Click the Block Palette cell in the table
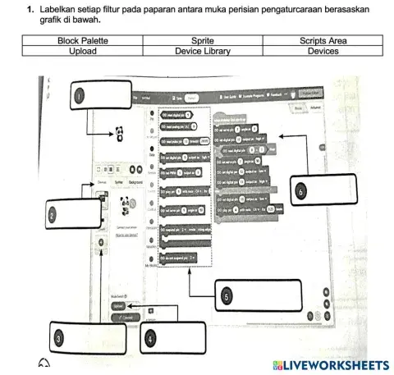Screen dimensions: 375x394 (x=83, y=40)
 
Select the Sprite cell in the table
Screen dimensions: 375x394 (x=202, y=40)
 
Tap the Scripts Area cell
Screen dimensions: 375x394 (x=323, y=40)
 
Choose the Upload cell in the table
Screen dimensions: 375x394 (x=83, y=51)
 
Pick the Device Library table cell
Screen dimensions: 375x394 (x=202, y=51)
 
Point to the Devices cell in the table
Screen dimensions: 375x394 (x=323, y=51)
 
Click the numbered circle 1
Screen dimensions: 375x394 (x=79, y=95)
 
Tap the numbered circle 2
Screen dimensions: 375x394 (x=52, y=215)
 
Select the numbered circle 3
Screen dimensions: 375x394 (x=58, y=337)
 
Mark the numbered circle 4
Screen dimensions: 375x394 (x=150, y=337)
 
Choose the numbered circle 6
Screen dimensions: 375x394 (x=301, y=190)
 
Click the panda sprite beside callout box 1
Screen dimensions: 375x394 (x=119, y=131)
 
